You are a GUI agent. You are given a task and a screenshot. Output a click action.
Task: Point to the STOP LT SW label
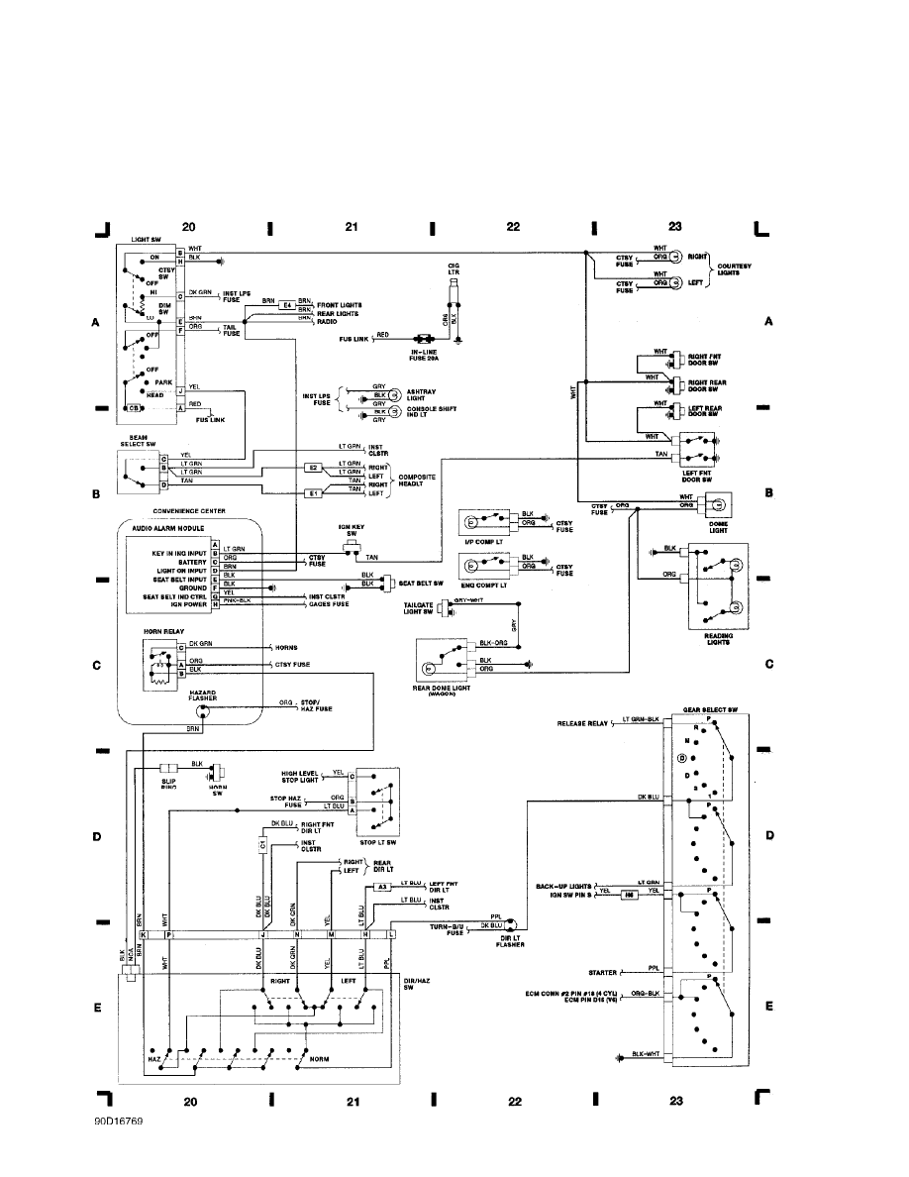click(x=377, y=842)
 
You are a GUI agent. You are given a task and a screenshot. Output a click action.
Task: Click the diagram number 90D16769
click(x=118, y=1124)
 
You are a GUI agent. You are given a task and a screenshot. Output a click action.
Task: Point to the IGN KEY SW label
click(x=352, y=530)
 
